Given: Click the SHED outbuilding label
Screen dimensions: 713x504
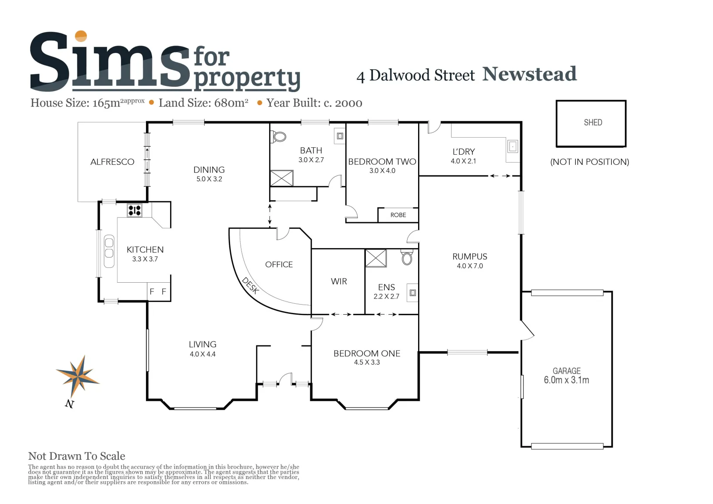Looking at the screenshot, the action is pos(592,123).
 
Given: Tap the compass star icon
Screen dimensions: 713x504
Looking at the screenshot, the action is pos(78,377).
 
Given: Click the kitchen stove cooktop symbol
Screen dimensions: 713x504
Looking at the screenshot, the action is pos(135,210).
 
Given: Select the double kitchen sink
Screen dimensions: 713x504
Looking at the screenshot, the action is pos(109,251).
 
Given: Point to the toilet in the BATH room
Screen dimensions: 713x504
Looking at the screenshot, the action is pos(278,137).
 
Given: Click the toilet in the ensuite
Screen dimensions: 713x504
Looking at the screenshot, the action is pos(407,257).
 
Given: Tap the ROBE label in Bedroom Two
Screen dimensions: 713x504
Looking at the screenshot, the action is pos(398,215).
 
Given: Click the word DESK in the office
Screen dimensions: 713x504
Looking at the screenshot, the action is pos(250,286).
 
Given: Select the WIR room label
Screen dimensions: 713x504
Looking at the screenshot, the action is pos(339,281).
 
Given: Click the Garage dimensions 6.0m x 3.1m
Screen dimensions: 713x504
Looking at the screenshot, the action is pos(566,380).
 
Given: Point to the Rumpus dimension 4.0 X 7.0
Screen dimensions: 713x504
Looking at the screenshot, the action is pos(470,266).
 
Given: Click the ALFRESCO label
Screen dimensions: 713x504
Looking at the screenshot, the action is pos(112,162).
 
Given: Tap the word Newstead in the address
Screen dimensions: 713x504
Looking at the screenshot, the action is pos(529,74).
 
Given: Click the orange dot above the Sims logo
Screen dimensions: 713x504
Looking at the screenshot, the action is pos(81,36).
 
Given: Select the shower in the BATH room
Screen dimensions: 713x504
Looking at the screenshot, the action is pos(282,178).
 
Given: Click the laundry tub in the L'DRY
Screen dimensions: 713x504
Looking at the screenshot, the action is pos(512,147).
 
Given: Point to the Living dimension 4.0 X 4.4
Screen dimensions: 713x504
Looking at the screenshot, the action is pos(203,354).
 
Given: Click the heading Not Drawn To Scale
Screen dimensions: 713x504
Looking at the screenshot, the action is pos(77,456).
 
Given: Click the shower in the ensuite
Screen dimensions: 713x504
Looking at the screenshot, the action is pos(376,258).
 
